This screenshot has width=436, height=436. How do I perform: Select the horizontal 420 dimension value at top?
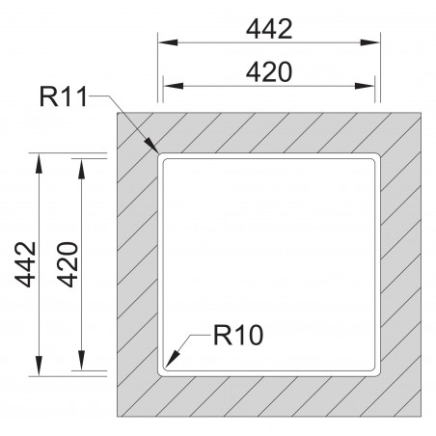[x=268, y=71]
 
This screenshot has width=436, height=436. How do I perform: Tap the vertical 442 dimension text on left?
[x=26, y=264]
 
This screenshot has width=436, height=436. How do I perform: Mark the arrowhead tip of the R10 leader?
[x=165, y=368]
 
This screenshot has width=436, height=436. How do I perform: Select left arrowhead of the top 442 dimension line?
[x=158, y=43]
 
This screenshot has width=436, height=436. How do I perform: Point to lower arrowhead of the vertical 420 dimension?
[x=81, y=369]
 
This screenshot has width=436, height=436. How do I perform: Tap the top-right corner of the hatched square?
[x=422, y=111]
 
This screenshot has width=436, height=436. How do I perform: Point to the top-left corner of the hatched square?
[x=117, y=111]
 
